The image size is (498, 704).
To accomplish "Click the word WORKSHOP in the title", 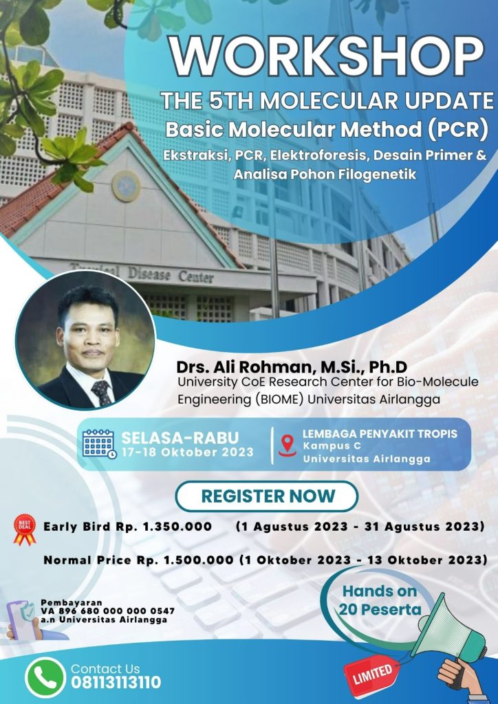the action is pyautogui.click(x=327, y=58).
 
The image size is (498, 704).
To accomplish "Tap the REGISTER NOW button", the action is pyautogui.click(x=267, y=496).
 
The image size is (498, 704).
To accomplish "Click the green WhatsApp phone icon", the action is pyautogui.click(x=45, y=677).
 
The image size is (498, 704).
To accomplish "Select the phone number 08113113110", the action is pyautogui.click(x=116, y=683).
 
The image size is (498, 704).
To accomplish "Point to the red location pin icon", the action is pyautogui.click(x=288, y=445).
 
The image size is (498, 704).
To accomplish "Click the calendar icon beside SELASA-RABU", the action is pyautogui.click(x=99, y=444).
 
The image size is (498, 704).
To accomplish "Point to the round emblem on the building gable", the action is pyautogui.click(x=126, y=186).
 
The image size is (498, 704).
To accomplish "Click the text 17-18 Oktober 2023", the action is pyautogui.click(x=187, y=452).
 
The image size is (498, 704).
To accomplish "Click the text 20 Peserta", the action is pyautogui.click(x=380, y=610).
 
